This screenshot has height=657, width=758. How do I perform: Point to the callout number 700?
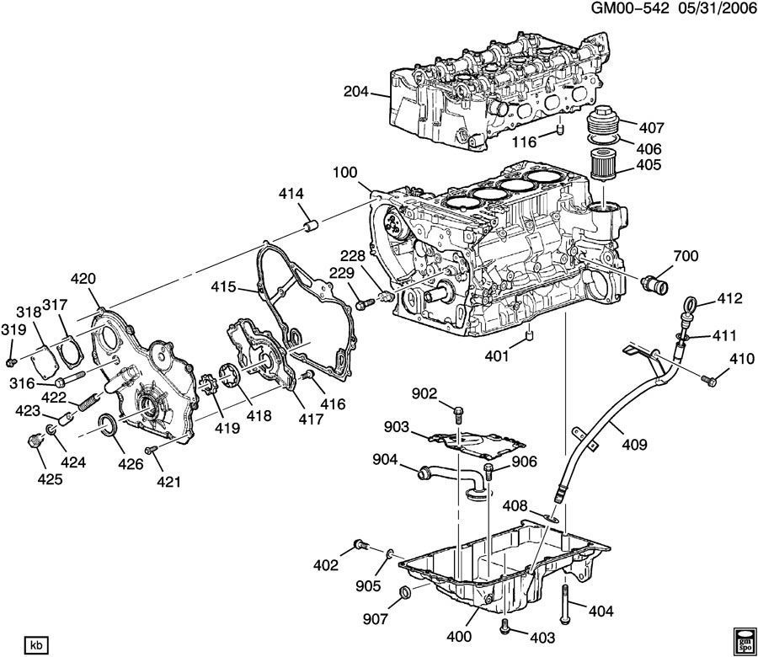pyautogui.click(x=686, y=255)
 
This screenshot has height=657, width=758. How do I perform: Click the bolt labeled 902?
pyautogui.click(x=457, y=414)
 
